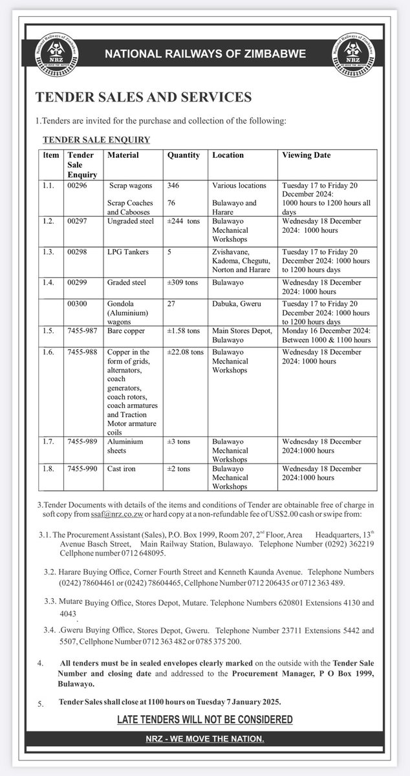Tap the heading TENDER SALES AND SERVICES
143,98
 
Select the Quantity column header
183,156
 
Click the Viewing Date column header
306,156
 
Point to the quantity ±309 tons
184,282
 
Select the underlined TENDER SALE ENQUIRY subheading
96,139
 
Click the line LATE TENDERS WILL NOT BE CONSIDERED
204,720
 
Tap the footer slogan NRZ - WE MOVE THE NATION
204,739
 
